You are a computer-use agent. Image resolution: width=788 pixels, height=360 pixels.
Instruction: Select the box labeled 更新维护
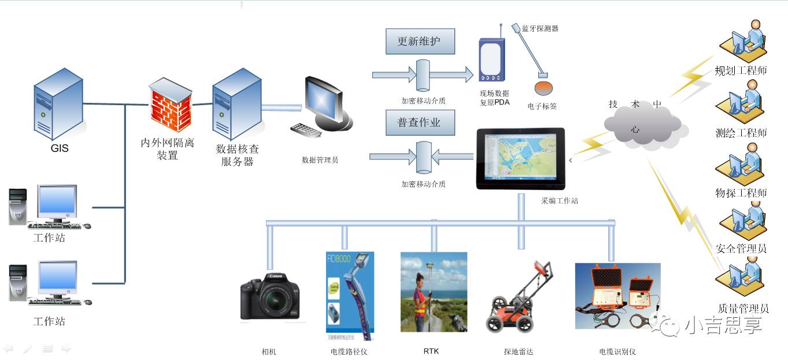click(420, 42)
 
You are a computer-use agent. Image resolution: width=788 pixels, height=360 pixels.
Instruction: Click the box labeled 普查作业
click(420, 123)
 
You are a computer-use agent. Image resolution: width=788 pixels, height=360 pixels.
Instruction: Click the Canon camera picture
click(270, 297)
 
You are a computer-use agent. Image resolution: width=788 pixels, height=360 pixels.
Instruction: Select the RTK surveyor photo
click(434, 292)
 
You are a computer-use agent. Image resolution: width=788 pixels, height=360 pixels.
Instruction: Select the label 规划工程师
click(741, 71)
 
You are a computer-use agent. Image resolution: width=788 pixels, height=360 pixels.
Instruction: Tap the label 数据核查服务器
click(237, 155)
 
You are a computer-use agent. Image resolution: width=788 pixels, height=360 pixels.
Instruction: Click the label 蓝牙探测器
click(540, 28)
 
